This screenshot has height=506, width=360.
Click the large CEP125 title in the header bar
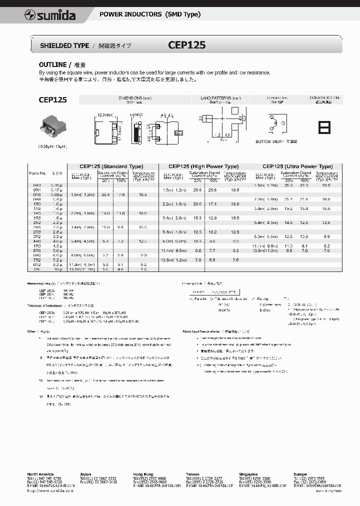click(x=186, y=45)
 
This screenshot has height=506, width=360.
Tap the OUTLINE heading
click(x=52, y=65)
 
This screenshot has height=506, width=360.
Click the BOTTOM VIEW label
click(x=269, y=142)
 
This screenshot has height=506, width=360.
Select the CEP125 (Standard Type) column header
click(x=111, y=166)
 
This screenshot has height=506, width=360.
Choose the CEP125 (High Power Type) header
click(x=203, y=166)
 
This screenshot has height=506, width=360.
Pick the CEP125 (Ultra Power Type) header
click(x=297, y=166)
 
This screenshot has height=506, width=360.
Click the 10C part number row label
click(x=36, y=269)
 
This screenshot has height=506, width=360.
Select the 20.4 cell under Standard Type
click(x=105, y=194)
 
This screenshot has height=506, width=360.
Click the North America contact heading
click(x=40, y=473)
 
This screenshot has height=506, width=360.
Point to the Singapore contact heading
click(x=248, y=473)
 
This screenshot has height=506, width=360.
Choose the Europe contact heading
click(x=301, y=473)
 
